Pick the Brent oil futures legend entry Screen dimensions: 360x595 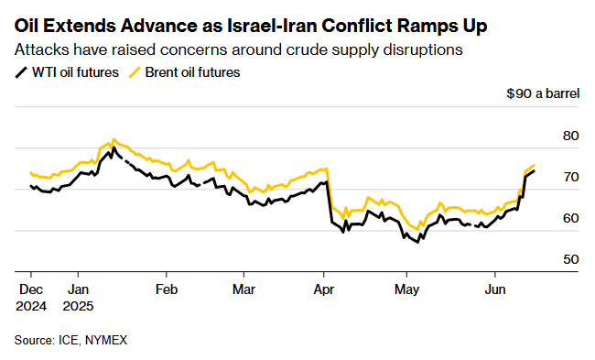point(187,72)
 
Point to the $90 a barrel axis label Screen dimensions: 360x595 point(544,94)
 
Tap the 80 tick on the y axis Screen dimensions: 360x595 point(571,136)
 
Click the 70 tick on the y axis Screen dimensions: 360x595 point(571,177)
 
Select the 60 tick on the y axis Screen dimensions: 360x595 point(571,218)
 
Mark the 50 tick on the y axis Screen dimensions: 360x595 point(571,259)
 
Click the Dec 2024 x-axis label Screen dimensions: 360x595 point(31,296)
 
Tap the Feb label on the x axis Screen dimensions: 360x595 point(166,287)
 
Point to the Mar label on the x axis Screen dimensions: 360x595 point(244,287)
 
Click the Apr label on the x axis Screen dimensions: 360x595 point(323,287)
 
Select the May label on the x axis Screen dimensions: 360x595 point(407,287)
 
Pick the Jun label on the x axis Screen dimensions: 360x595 point(495,287)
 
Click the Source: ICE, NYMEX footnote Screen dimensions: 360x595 point(70,340)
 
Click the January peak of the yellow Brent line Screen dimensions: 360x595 point(113,139)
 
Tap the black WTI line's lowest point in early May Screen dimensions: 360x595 point(419,242)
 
